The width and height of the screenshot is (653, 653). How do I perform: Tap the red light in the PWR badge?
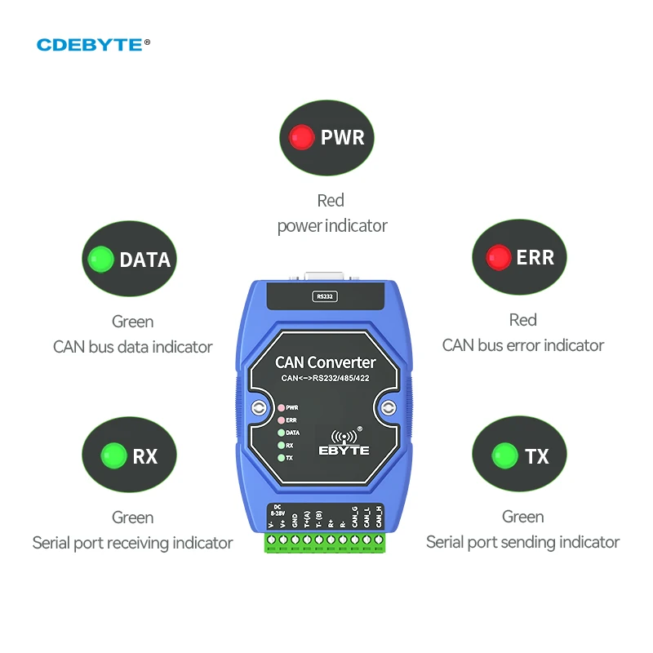pyautogui.click(x=302, y=136)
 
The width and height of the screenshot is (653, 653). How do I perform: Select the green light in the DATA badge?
pyautogui.click(x=101, y=260)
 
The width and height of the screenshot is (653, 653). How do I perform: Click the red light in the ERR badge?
pyautogui.click(x=498, y=257)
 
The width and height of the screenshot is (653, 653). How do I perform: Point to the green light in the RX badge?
pyautogui.click(x=113, y=455)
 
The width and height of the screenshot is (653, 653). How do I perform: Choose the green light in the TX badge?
pyautogui.click(x=505, y=455)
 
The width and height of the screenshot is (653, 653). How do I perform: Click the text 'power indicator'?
pyautogui.click(x=331, y=225)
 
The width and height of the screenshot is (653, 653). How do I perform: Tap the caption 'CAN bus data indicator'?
pyautogui.click(x=132, y=347)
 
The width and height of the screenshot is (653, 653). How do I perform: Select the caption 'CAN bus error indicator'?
pyautogui.click(x=522, y=345)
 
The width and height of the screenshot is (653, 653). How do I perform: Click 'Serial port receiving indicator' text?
pyautogui.click(x=132, y=543)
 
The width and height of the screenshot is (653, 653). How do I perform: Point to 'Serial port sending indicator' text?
pyautogui.click(x=522, y=542)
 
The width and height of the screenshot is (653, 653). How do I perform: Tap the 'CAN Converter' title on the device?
pyautogui.click(x=326, y=362)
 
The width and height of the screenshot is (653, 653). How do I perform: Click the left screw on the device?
pyautogui.click(x=259, y=409)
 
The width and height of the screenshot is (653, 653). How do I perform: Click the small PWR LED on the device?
pyautogui.click(x=282, y=406)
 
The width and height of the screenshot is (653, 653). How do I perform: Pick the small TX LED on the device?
pyautogui.click(x=282, y=458)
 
